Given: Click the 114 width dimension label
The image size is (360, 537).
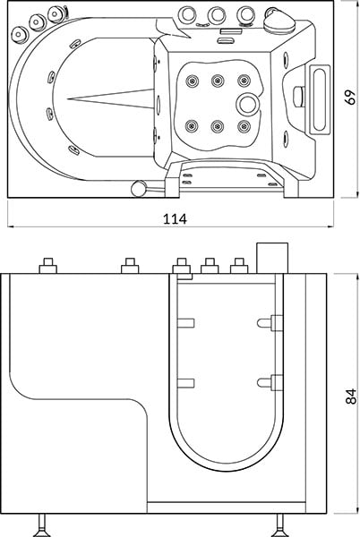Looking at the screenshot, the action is tap(175, 219).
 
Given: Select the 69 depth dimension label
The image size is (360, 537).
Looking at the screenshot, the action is tap(350, 98).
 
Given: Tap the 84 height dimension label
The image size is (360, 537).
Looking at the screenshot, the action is tap(351, 396).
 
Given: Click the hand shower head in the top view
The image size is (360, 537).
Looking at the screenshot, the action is tap(278, 21).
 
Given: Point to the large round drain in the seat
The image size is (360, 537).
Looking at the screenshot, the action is tap(246, 104).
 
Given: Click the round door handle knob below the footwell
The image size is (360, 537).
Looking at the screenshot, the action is tap(139, 188).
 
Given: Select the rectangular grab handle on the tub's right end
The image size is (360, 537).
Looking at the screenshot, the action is tap(320, 99).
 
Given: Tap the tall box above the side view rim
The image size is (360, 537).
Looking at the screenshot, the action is tap(272, 259).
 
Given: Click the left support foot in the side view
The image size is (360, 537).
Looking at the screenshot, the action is tap(42, 525).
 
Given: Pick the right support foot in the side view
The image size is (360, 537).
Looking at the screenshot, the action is tap(279, 525).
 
